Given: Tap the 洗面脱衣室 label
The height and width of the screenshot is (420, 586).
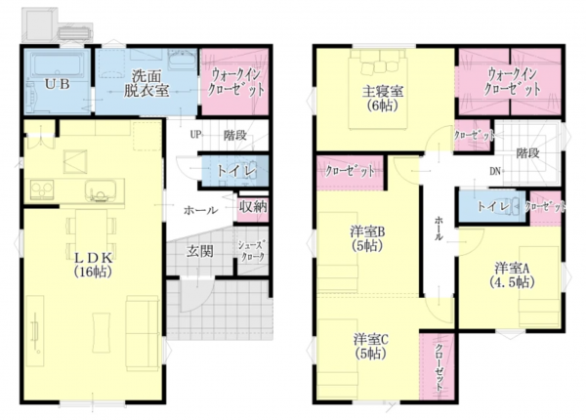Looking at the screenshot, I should [147, 82].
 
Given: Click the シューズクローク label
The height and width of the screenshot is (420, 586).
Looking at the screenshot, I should [252, 250].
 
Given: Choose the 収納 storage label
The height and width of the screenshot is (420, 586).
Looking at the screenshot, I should [253, 207].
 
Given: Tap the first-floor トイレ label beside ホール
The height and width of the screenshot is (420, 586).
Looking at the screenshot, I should [236, 171].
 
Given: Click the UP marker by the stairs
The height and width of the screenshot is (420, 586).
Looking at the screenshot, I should [195, 134].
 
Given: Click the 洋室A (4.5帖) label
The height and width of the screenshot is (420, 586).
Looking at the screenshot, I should [512, 273].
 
